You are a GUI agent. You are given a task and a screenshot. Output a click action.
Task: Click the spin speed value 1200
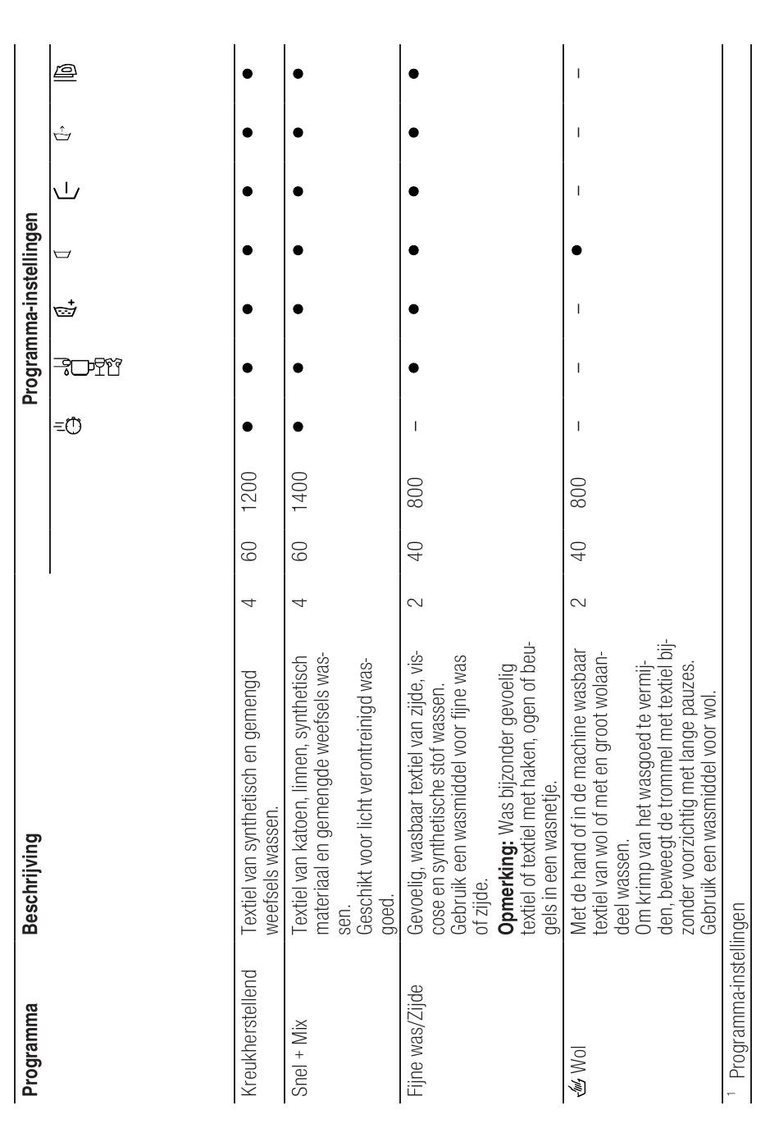253,491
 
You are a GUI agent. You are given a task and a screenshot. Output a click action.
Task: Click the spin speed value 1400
302,491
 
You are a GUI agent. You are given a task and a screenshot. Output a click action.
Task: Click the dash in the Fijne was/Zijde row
416,425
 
